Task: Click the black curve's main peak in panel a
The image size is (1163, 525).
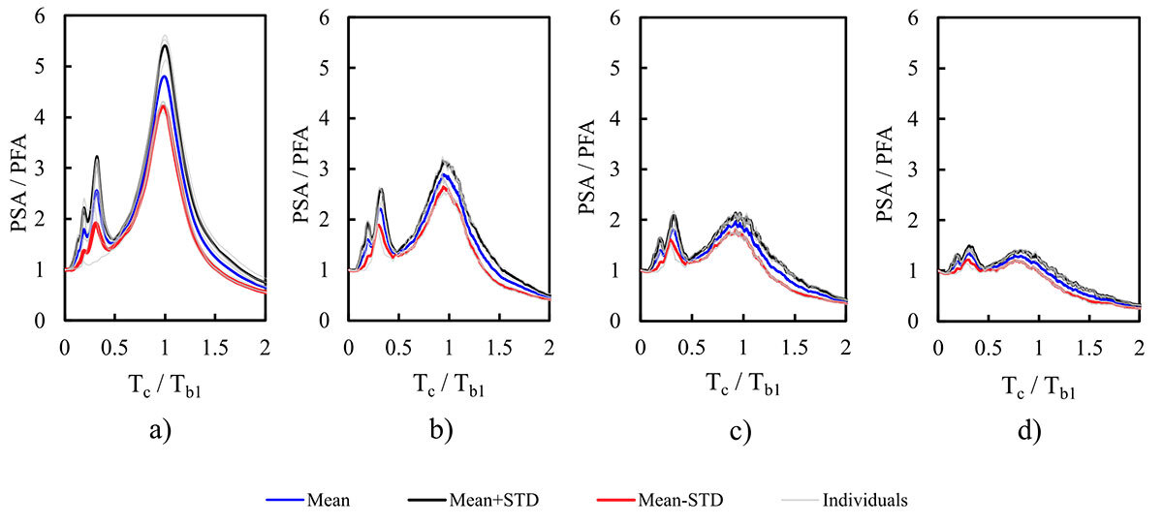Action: click(166, 46)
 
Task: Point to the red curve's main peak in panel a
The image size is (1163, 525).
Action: click(164, 106)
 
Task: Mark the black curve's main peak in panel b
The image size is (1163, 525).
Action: click(446, 163)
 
